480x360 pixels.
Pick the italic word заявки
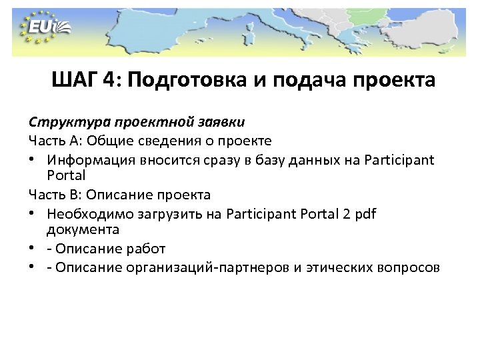222,122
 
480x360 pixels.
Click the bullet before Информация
33,160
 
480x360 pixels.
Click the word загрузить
161,213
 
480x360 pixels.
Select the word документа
83,229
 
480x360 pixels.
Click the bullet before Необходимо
33,214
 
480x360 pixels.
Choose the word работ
145,249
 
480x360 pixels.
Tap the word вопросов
407,267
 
